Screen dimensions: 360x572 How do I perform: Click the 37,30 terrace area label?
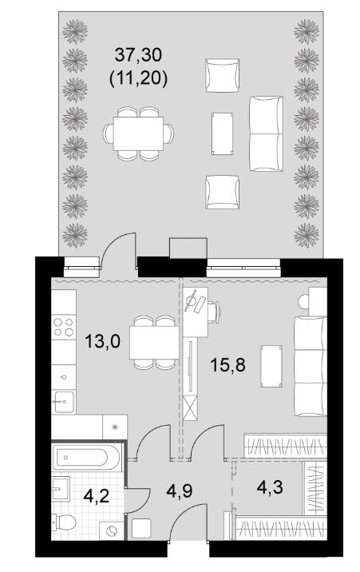(138, 55)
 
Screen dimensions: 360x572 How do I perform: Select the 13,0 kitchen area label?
(102, 342)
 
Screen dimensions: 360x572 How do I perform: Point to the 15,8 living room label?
(228, 364)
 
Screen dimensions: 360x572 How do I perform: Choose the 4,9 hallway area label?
(180, 491)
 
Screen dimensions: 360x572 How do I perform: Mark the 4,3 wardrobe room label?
(270, 487)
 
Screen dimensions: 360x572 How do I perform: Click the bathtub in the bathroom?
(86, 457)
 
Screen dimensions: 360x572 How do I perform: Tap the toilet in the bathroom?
(64, 522)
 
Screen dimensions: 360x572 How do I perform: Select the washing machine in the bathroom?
(112, 530)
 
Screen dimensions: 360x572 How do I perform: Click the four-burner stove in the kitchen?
(64, 327)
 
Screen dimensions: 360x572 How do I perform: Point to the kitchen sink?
(64, 401)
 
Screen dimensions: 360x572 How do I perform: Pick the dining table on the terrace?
(138, 133)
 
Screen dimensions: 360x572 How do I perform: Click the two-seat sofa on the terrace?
(266, 133)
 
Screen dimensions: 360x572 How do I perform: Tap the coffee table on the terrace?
(222, 133)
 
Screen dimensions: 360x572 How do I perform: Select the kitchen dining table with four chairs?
(155, 343)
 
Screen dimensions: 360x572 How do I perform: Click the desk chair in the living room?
(215, 312)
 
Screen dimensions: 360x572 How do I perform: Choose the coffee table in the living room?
(271, 366)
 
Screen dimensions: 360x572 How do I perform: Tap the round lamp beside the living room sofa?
(303, 302)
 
